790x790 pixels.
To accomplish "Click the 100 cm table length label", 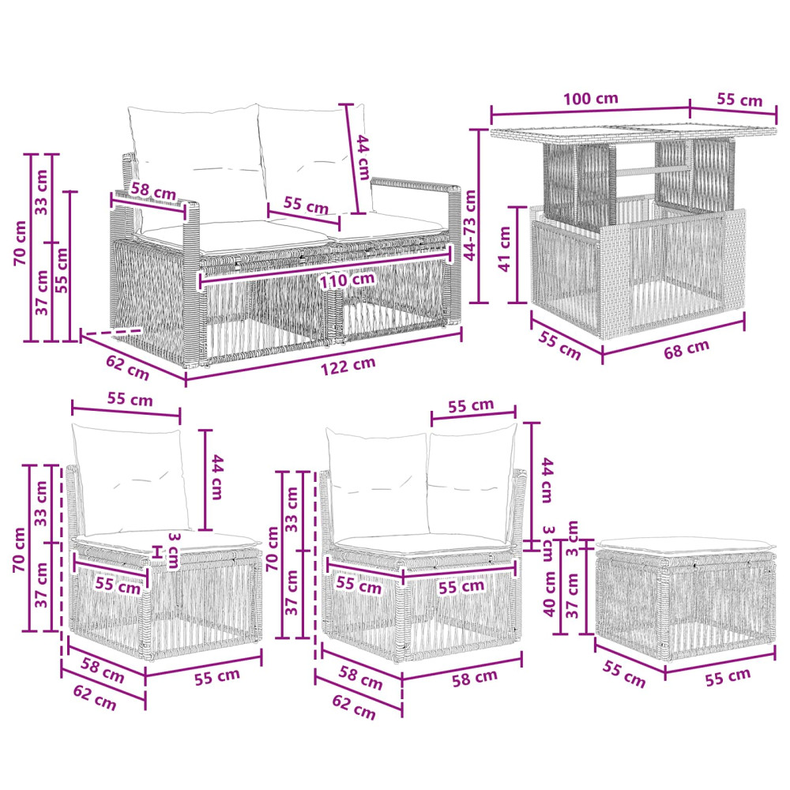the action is [x=590, y=98].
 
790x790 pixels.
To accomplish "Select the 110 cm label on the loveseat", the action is [x=347, y=280].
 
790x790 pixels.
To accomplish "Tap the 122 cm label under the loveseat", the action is [x=348, y=366].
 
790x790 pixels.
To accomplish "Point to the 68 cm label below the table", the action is [x=687, y=348].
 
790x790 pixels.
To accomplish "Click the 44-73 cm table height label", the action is [x=469, y=224].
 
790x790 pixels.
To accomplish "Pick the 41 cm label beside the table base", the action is [x=505, y=249].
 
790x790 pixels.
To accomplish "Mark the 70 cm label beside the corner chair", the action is [x=273, y=549].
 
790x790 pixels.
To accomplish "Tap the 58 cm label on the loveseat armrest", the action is [x=153, y=191].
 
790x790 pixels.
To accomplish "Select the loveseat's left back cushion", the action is [x=197, y=160].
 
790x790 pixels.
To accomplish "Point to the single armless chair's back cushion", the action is [x=131, y=479].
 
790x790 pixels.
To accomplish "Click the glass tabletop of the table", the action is [x=634, y=134].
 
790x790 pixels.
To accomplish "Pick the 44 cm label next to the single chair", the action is [x=216, y=476].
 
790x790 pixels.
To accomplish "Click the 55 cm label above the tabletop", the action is [x=739, y=100].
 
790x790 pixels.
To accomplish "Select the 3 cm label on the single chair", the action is [x=173, y=550].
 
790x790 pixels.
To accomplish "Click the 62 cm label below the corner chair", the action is [x=354, y=707].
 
